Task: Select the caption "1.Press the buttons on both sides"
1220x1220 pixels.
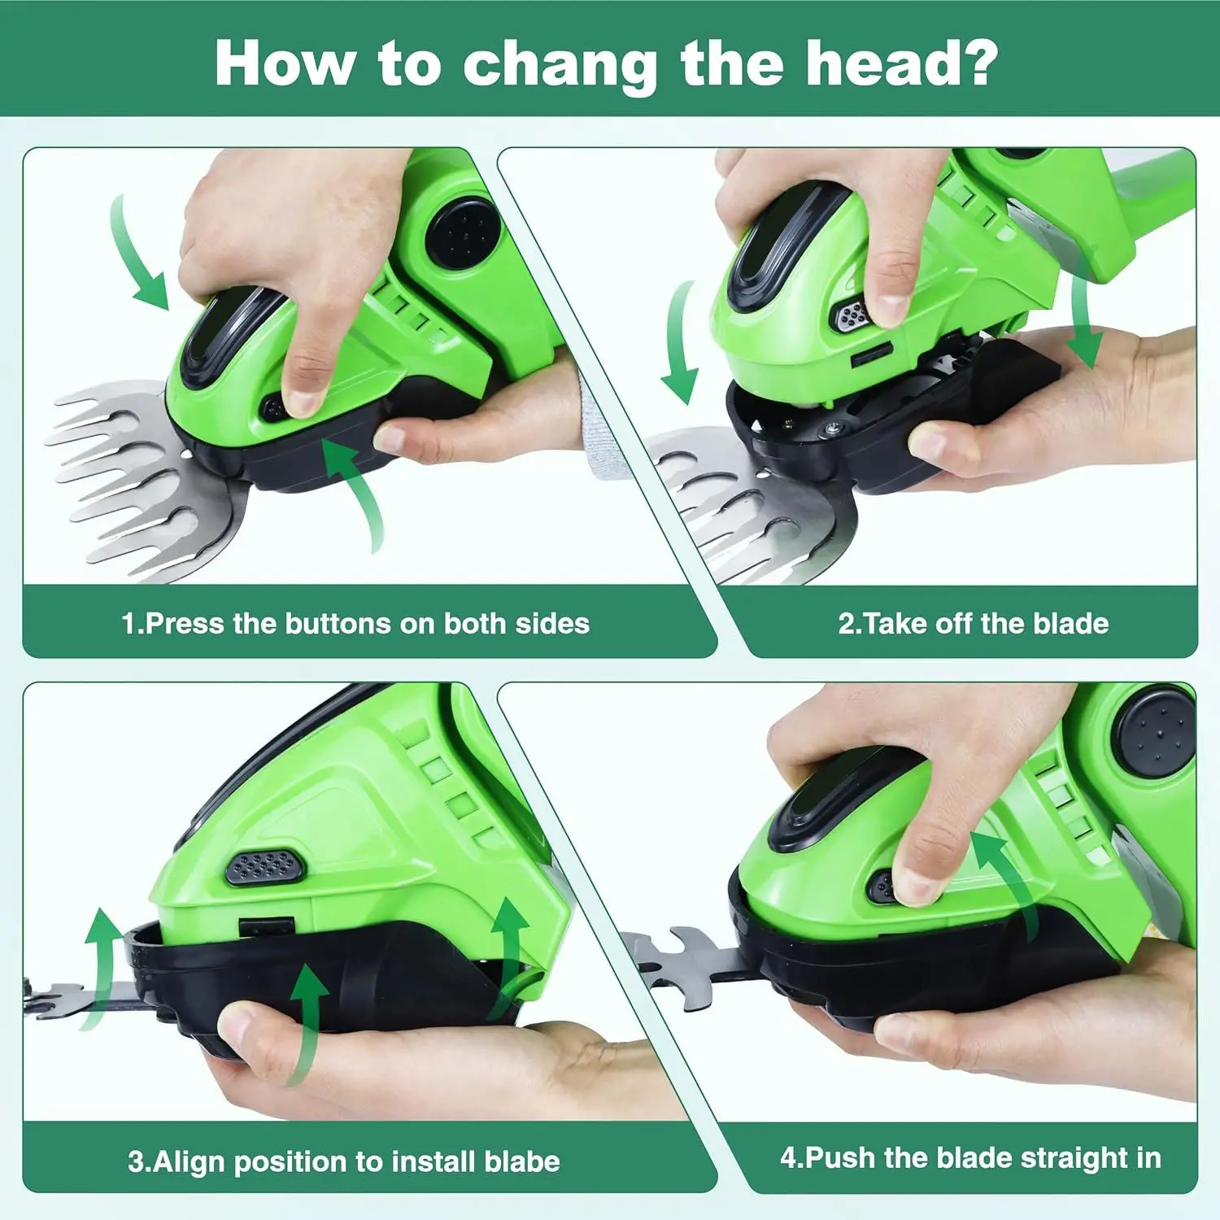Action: click(355, 624)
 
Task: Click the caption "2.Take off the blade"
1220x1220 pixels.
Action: click(974, 624)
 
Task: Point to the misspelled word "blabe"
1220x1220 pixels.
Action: click(521, 1161)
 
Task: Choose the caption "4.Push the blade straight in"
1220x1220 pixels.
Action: click(970, 1157)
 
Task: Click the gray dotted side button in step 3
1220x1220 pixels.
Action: click(264, 867)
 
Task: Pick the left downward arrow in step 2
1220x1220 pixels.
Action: click(680, 342)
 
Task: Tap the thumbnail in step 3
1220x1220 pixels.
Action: click(235, 1023)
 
